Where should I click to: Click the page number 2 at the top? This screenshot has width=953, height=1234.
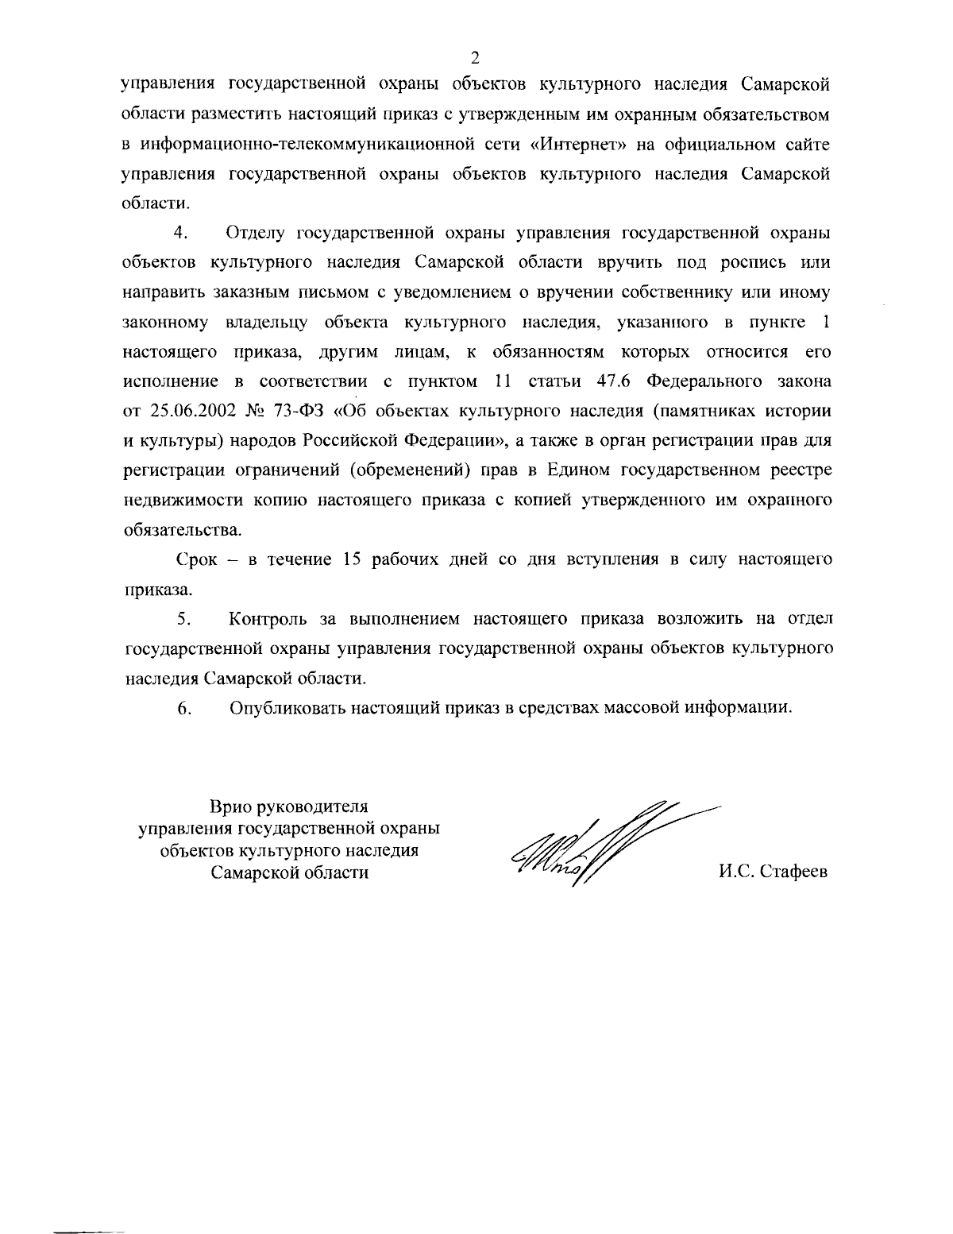(x=474, y=56)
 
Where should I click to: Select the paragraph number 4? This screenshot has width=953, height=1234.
(x=179, y=233)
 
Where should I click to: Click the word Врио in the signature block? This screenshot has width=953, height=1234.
(x=230, y=807)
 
